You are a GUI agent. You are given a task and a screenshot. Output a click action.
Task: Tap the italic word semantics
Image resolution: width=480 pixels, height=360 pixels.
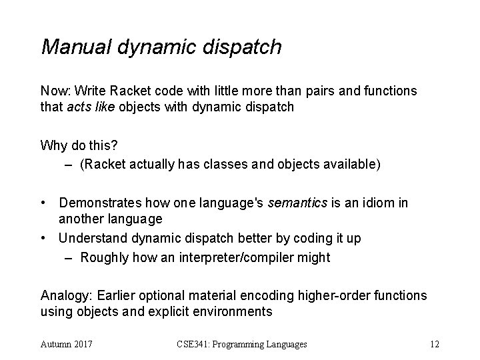click(297, 203)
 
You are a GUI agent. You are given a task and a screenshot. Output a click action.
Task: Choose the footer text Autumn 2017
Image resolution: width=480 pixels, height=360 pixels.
click(67, 345)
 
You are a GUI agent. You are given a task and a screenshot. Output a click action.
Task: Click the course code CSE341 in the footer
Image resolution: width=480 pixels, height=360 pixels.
click(194, 345)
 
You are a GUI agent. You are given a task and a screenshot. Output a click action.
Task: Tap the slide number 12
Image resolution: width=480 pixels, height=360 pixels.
click(434, 345)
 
